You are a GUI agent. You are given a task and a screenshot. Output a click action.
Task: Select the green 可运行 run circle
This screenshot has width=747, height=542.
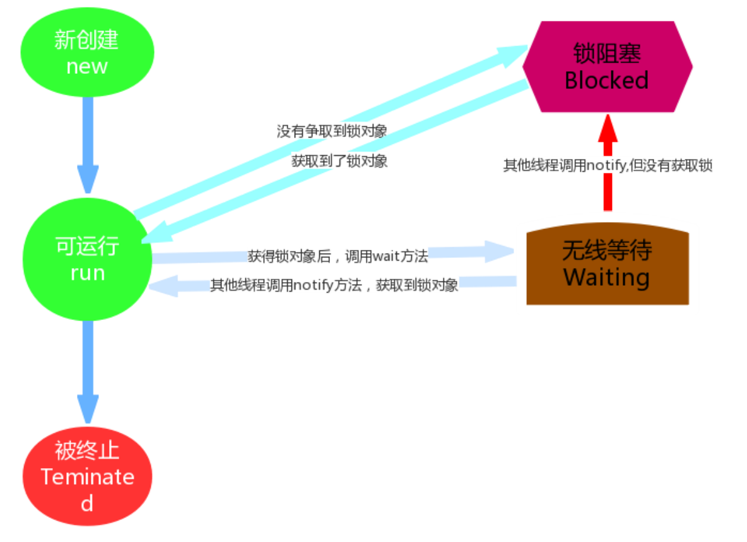click(x=87, y=259)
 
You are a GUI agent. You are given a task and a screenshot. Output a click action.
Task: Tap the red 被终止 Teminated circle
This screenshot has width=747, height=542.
click(x=88, y=476)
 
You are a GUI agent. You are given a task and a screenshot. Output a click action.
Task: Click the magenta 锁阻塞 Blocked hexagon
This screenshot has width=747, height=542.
click(x=607, y=66)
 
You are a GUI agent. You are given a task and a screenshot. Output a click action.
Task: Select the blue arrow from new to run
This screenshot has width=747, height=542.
click(x=88, y=145)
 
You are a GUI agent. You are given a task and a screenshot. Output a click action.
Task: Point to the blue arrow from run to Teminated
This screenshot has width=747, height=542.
click(x=88, y=372)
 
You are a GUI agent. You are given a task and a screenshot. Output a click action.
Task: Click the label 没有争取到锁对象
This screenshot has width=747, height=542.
click(x=332, y=131)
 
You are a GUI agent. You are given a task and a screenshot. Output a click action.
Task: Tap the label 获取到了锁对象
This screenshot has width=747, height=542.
click(x=339, y=161)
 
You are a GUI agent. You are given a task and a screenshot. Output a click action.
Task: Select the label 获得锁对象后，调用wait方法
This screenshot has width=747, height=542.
click(x=338, y=256)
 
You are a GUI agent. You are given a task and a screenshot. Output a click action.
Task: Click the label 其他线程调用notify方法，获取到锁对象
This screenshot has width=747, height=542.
click(x=334, y=285)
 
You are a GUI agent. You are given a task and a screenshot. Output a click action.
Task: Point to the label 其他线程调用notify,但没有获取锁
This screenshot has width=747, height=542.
click(x=608, y=166)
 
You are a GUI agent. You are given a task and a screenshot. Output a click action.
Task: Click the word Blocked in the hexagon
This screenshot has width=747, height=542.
click(x=607, y=80)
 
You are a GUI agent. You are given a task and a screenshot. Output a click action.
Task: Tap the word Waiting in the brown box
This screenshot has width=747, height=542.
click(x=607, y=278)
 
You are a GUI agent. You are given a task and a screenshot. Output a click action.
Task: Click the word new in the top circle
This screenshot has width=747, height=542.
click(x=87, y=66)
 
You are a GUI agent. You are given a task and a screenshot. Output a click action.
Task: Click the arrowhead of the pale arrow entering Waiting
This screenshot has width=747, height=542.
click(x=501, y=250)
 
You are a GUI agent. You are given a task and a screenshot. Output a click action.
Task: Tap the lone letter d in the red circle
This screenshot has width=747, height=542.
click(x=87, y=503)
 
